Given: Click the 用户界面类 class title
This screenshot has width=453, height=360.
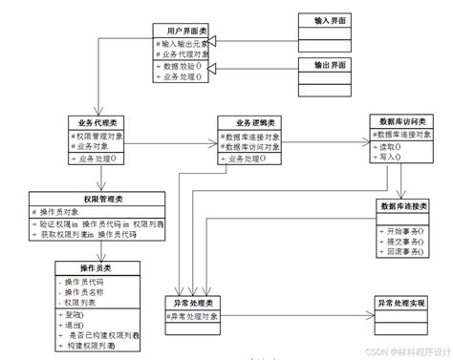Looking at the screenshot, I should [182, 31].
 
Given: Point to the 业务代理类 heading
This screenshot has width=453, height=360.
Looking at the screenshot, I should [98, 123].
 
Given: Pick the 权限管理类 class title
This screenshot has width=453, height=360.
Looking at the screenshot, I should [105, 199].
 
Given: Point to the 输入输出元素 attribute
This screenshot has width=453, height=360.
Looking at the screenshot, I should [183, 44].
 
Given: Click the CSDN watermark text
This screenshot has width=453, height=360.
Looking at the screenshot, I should [388, 350].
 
